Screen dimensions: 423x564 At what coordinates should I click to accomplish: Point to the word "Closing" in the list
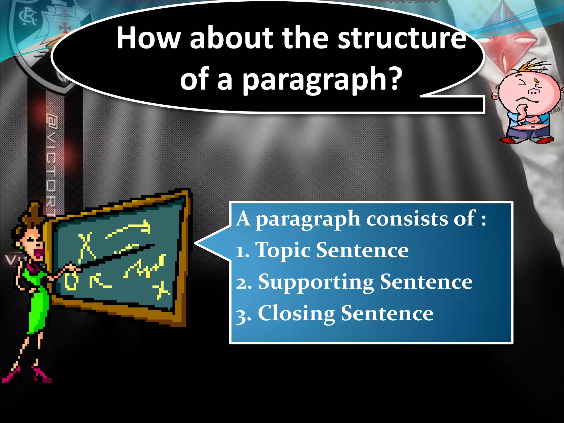pos(296,314)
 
